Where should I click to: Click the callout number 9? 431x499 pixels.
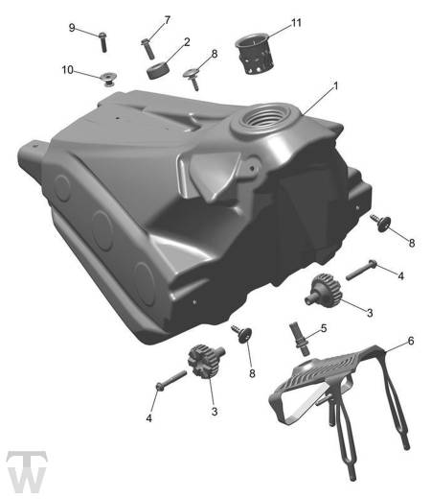(x=72, y=28)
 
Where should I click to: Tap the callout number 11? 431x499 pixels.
(x=296, y=23)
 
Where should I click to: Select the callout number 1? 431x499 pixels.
(x=335, y=86)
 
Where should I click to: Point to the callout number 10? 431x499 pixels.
(x=67, y=70)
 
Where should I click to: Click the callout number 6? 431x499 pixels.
(x=411, y=341)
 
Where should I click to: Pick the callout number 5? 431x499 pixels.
(x=324, y=328)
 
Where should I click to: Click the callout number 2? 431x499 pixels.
(x=187, y=42)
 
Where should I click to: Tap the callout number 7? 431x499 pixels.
(x=168, y=20)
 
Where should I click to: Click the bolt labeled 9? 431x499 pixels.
(x=102, y=42)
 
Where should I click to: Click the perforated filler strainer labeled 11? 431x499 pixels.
(x=255, y=54)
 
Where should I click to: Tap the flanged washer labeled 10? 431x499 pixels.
(x=108, y=79)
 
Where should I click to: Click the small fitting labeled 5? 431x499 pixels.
(x=299, y=339)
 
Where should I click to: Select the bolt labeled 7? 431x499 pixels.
(x=147, y=49)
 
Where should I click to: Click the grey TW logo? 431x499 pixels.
(x=27, y=471)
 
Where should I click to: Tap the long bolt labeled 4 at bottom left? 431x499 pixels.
(x=171, y=380)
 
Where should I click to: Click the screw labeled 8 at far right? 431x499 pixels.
(x=381, y=223)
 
